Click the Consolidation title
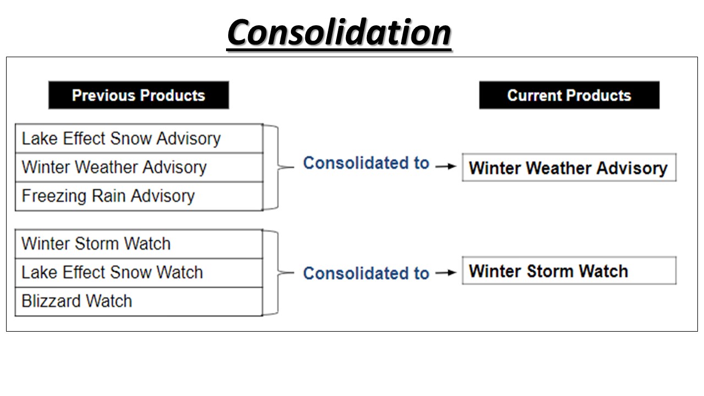coord(339,32)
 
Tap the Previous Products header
coord(139,95)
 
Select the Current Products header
coord(569,95)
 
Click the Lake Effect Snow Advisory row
coord(139,139)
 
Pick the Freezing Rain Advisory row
coord(139,196)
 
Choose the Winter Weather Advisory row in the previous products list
coord(139,168)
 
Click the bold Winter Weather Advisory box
coord(569,168)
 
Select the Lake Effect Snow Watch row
coord(139,273)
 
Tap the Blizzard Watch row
coord(139,301)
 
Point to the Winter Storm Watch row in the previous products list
coord(139,244)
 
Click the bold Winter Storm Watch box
coord(569,271)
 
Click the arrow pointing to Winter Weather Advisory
coord(446,166)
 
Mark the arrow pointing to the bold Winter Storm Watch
coord(446,272)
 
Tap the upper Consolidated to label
coord(366,163)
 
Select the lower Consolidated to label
coord(366,273)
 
